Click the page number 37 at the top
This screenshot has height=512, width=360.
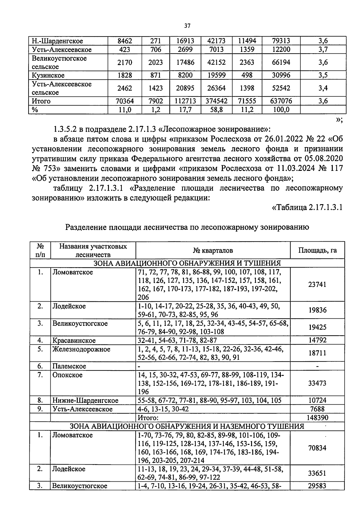click(x=187, y=26)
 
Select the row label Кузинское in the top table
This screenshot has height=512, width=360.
click(x=48, y=75)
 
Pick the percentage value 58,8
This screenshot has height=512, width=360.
click(x=216, y=110)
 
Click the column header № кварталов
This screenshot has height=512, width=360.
click(x=213, y=250)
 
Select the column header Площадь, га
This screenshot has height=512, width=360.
click(x=317, y=250)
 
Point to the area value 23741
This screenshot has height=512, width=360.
click(x=317, y=284)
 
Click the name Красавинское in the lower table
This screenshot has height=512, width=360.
click(x=74, y=341)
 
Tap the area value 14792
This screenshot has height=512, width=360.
click(x=317, y=341)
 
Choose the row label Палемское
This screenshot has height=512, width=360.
click(x=69, y=366)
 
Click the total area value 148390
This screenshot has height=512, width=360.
click(x=317, y=418)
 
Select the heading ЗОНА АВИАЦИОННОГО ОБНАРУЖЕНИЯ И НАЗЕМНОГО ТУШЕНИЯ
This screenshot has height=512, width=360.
click(x=187, y=426)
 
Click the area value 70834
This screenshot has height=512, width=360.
click(x=317, y=448)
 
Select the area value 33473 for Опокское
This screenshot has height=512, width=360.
click(x=317, y=383)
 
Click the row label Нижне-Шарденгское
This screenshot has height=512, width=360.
click(x=85, y=400)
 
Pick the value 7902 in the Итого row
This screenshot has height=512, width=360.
click(x=155, y=101)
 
